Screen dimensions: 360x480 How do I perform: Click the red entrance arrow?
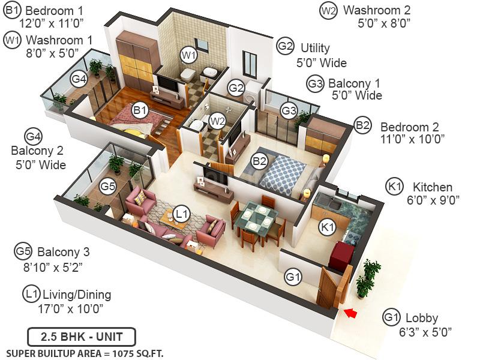coord(349,313)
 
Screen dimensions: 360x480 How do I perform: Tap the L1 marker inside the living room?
coord(182,212)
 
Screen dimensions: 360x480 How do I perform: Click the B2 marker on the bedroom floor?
coord(259,161)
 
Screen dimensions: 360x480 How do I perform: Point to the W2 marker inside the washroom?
coord(217,120)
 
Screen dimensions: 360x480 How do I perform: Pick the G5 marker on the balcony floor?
coord(108,186)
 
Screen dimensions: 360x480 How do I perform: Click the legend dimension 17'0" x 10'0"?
coord(70,309)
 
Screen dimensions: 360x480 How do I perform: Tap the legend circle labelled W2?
coord(328,10)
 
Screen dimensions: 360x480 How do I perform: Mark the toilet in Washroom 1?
coord(188,74)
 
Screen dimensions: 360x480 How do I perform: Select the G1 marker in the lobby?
coord(293,277)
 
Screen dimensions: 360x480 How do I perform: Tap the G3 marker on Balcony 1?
coord(289,110)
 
